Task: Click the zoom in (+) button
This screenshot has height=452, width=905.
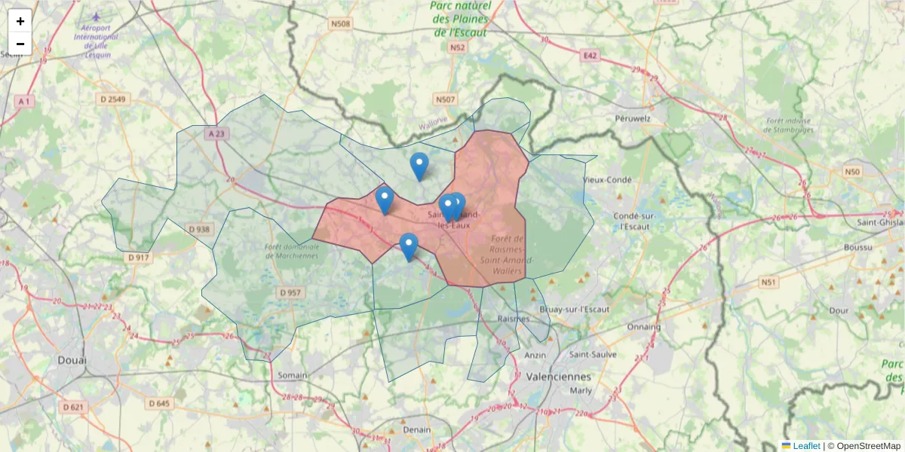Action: [20, 20]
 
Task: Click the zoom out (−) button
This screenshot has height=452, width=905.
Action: [20, 44]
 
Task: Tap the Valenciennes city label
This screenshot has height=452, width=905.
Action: [559, 376]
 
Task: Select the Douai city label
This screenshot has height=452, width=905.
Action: [72, 361]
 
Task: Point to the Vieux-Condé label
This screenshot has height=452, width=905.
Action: [606, 180]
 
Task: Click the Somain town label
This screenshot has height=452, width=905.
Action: [292, 374]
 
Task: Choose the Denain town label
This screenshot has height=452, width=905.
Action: [417, 429]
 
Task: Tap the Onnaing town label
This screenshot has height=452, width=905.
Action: [643, 327]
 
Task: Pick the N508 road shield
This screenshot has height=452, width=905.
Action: [341, 24]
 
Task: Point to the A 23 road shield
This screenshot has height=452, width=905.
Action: [215, 133]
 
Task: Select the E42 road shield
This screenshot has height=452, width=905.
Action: [589, 55]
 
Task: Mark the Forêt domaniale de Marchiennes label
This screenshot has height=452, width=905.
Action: [291, 251]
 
